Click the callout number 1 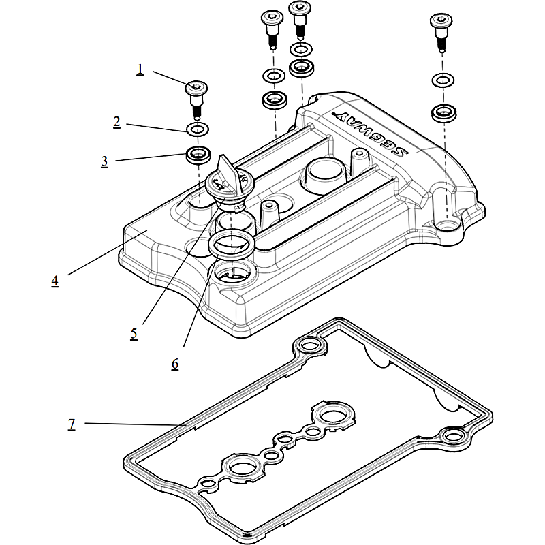tap(140, 69)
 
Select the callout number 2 tap(116, 122)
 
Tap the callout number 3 tap(104, 161)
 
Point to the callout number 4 tap(54, 281)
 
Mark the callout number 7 tap(72, 424)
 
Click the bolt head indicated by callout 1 tap(196, 87)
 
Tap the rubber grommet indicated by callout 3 tap(198, 154)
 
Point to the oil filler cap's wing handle tap(225, 171)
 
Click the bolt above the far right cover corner tap(440, 27)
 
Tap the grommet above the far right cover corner tap(444, 112)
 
